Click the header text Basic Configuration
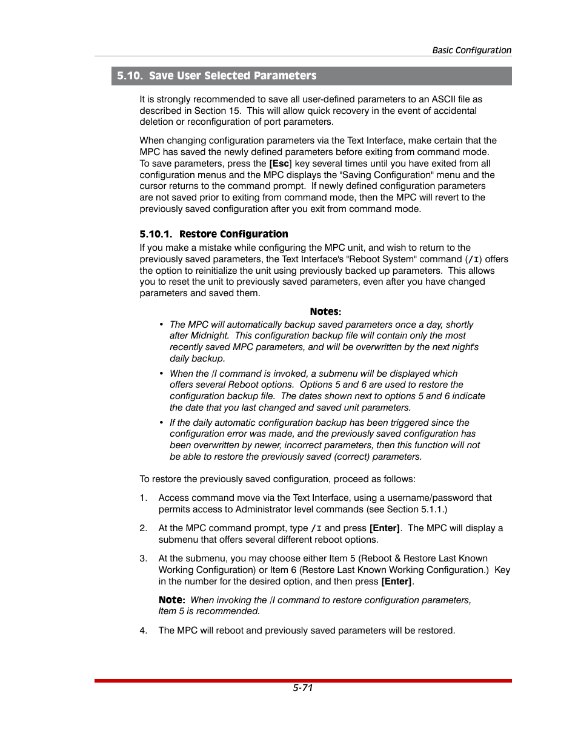tap(471, 50)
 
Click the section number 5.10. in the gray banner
tap(130, 76)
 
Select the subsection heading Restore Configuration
tap(233, 234)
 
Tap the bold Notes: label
tap(325, 311)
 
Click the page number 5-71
tap(302, 687)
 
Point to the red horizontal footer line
tap(303, 681)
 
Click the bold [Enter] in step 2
tap(385, 528)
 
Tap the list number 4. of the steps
tap(144, 631)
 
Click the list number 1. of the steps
tap(144, 498)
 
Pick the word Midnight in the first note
tap(210, 336)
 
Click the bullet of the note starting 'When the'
tap(161, 374)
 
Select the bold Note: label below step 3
tap(171, 600)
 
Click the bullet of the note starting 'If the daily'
tap(161, 423)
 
